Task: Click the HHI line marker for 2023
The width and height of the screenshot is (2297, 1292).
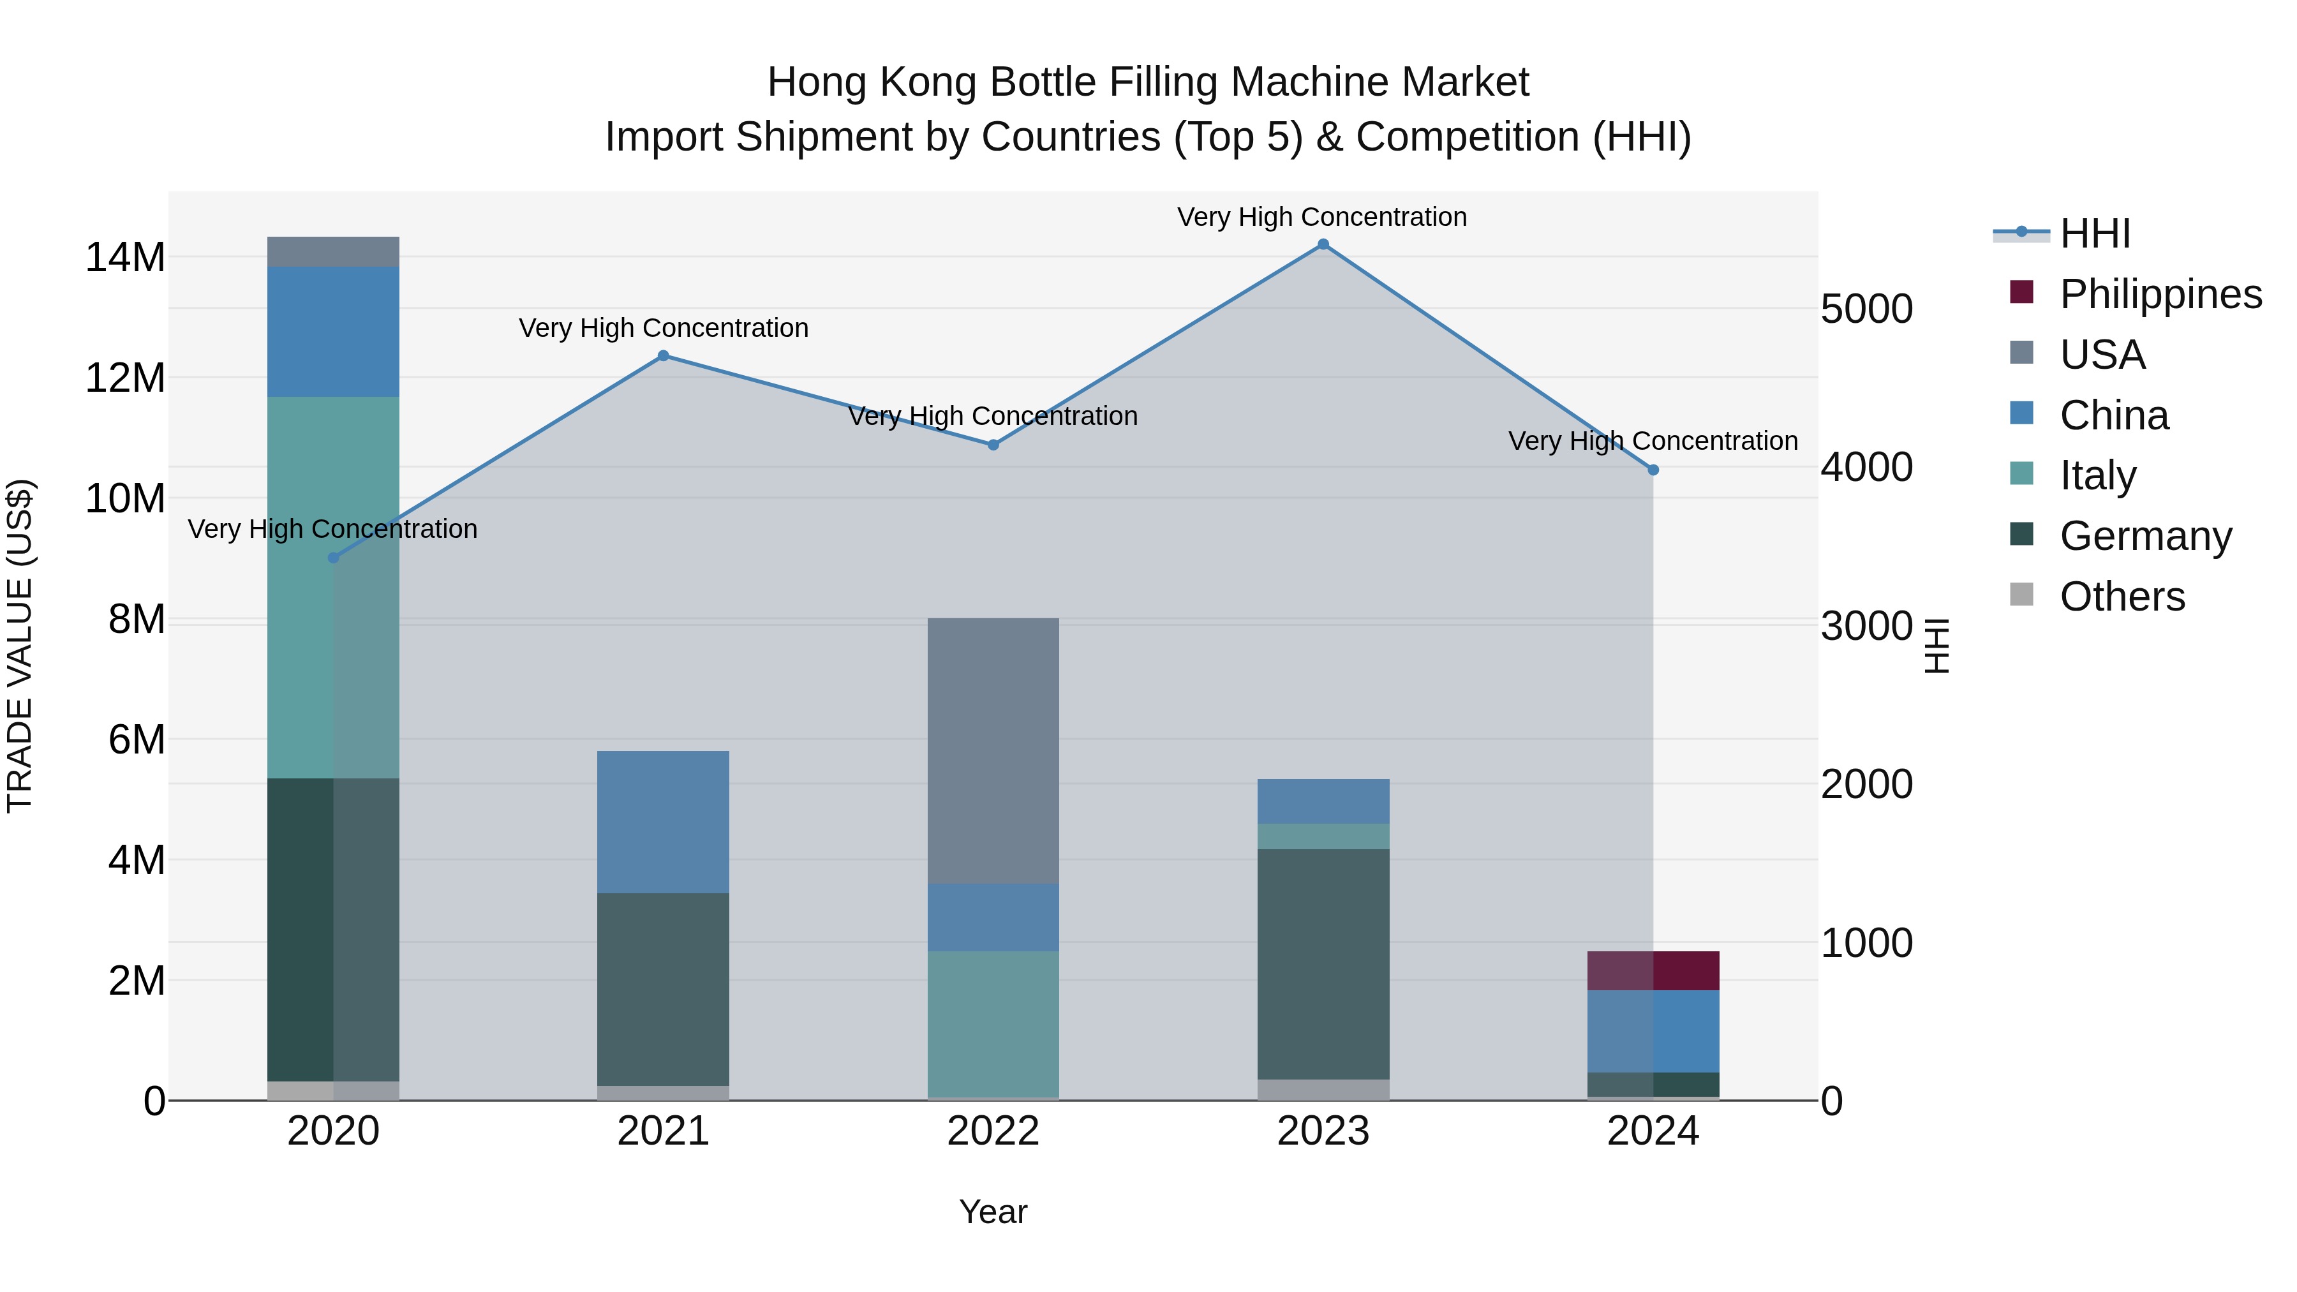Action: pyautogui.click(x=1323, y=244)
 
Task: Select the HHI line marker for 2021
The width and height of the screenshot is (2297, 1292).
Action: pyautogui.click(x=664, y=356)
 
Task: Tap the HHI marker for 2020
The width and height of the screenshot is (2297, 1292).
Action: pyautogui.click(x=334, y=558)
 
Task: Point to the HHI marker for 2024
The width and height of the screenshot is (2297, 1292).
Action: pyautogui.click(x=1653, y=470)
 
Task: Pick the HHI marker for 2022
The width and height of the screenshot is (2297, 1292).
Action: pyautogui.click(x=993, y=445)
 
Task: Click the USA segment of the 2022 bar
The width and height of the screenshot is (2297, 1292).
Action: pyautogui.click(x=993, y=751)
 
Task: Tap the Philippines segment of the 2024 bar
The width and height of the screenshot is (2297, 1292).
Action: pyautogui.click(x=1653, y=971)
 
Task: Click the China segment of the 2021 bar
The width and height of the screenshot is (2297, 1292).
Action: pyautogui.click(x=664, y=822)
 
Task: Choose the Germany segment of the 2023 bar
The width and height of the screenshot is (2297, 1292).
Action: pyautogui.click(x=1323, y=964)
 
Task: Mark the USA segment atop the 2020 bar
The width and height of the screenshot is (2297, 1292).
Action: pyautogui.click(x=334, y=251)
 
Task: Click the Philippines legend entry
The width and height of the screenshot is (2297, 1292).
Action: pyautogui.click(x=2160, y=294)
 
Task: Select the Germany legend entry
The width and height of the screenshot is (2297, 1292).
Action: pyautogui.click(x=2145, y=536)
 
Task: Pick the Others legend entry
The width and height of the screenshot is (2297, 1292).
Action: pyautogui.click(x=2122, y=597)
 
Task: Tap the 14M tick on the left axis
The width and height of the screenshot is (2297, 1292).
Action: pyautogui.click(x=125, y=258)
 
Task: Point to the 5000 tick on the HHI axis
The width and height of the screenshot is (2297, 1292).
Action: pyautogui.click(x=1866, y=309)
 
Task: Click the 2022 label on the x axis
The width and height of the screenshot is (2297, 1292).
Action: pyautogui.click(x=993, y=1131)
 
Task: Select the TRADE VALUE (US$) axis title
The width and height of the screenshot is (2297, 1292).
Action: pyautogui.click(x=20, y=646)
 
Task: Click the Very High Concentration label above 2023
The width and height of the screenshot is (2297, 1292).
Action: pyautogui.click(x=1321, y=217)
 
